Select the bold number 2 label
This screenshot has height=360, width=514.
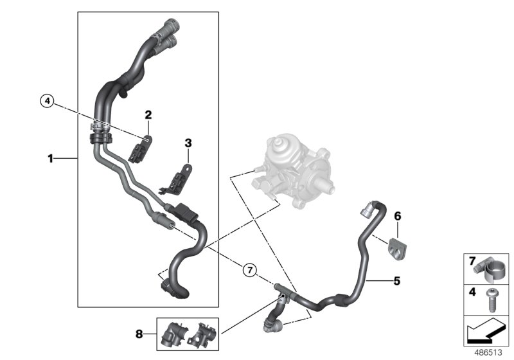148,116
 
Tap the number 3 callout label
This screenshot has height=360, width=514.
188,142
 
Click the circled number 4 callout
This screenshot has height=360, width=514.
46,100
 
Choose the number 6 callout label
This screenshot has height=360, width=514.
397,217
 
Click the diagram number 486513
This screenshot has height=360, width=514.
490,352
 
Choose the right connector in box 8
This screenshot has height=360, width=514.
204,332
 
